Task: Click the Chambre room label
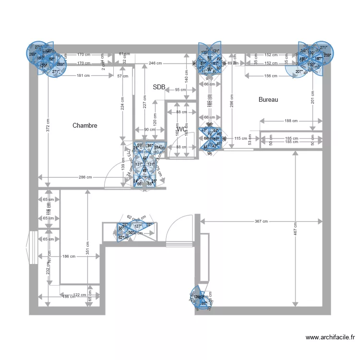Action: (85, 126)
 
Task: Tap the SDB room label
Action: (159, 87)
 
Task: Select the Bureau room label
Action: (268, 100)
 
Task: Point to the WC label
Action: (182, 129)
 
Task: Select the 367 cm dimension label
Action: (262, 221)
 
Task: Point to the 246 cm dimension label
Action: (155, 63)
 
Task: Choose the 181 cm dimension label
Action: (83, 75)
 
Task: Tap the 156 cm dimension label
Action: (271, 75)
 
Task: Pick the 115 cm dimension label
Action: (240, 139)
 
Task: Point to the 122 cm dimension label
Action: (79, 295)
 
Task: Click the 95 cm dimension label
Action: (180, 90)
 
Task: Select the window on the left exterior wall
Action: (33, 248)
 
